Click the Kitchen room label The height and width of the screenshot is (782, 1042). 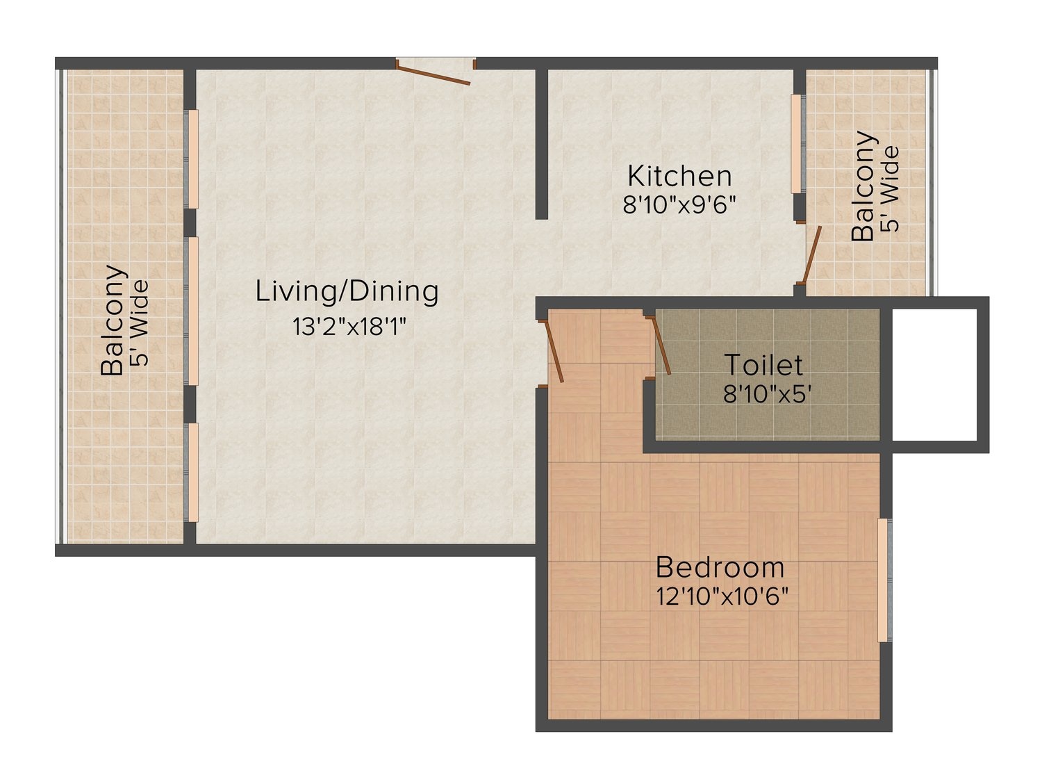[679, 176]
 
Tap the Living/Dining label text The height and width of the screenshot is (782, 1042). [347, 291]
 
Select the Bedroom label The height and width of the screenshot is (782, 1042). [720, 567]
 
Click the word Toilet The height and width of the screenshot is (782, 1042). [763, 365]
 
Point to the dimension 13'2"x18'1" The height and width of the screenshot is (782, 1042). [349, 326]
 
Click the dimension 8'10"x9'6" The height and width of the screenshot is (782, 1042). [679, 206]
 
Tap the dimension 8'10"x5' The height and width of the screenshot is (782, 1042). [767, 394]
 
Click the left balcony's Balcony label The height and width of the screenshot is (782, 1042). [114, 320]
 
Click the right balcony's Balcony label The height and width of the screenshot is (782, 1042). [863, 186]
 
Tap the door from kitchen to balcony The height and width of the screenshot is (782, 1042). [812, 254]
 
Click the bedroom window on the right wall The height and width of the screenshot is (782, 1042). [883, 580]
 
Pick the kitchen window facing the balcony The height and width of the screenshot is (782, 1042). [796, 143]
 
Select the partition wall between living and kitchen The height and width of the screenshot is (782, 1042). [541, 143]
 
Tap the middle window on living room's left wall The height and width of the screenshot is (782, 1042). [193, 311]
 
